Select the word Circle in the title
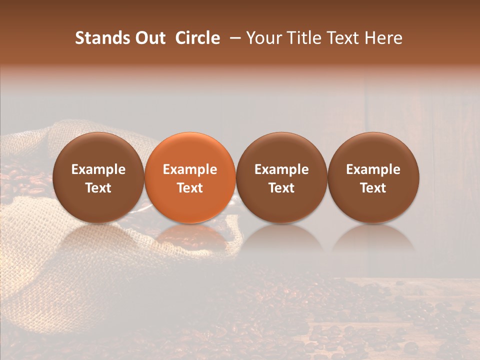[197, 38]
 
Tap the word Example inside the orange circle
[190, 169]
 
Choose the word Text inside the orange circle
[190, 188]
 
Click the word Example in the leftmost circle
[98, 169]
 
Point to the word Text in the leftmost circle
[98, 188]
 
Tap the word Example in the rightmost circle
[373, 169]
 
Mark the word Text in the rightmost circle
[373, 188]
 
